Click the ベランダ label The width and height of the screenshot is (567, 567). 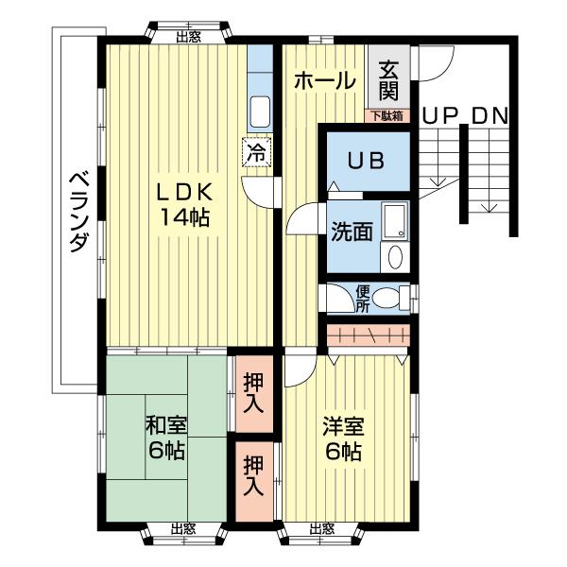tap(78, 209)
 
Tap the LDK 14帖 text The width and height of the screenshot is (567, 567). tap(183, 203)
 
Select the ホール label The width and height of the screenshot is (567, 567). tap(324, 81)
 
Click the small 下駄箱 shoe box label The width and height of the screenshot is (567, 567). tap(387, 117)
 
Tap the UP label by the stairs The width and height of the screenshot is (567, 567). tap(440, 116)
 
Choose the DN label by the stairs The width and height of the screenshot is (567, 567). tap(490, 116)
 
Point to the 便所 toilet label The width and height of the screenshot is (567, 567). tap(363, 299)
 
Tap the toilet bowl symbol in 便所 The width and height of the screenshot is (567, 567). tap(387, 299)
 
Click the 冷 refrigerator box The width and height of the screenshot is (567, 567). tap(255, 149)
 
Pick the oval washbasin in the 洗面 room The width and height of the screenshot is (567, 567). tap(396, 256)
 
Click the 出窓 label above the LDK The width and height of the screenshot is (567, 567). tap(187, 37)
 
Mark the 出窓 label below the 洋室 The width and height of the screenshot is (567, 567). tap(321, 528)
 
